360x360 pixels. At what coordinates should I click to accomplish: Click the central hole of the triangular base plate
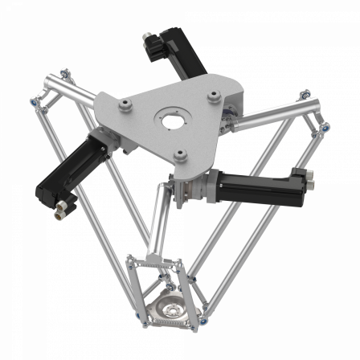(x=172, y=122)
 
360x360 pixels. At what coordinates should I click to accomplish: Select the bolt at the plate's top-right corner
(x=212, y=95)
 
